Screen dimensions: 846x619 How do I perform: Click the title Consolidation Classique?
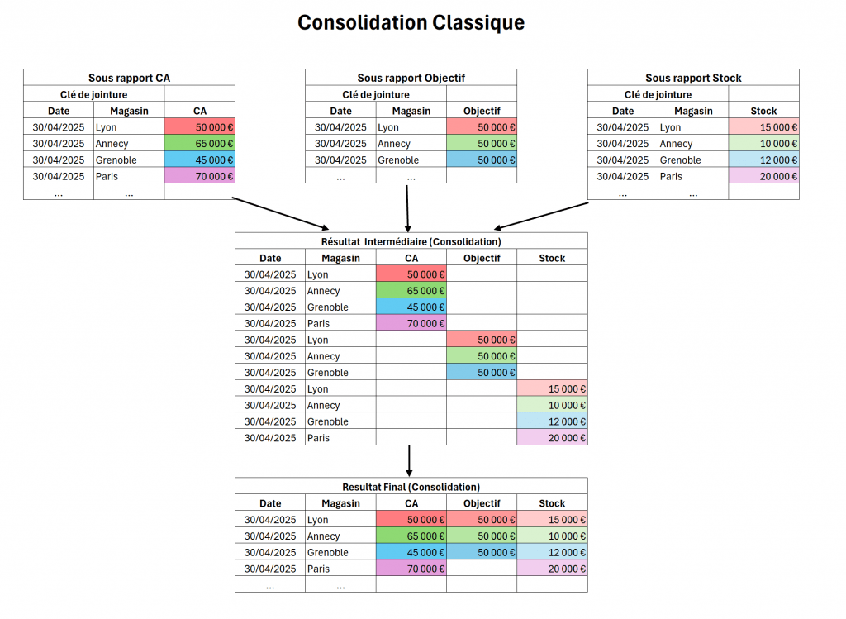[411, 22]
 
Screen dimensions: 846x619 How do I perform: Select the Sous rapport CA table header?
[130, 78]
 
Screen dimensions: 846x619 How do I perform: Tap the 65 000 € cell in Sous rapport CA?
[200, 144]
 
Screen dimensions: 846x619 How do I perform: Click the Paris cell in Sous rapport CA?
[129, 176]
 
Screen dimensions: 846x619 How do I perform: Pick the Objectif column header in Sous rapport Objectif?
[482, 111]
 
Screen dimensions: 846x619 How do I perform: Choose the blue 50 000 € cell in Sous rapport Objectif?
[482, 160]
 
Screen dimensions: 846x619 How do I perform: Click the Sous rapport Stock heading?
[693, 78]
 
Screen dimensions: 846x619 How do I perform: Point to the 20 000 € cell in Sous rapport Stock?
[764, 176]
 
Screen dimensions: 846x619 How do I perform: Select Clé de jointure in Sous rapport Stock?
[658, 94]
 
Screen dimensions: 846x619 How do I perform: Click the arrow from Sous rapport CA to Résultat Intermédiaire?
[281, 214]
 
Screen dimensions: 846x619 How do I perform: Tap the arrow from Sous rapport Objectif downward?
[407, 209]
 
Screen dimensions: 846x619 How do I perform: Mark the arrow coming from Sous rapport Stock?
[541, 216]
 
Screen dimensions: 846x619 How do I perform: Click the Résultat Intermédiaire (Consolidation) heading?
[411, 241]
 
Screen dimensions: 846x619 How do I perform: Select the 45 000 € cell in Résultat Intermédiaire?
[411, 307]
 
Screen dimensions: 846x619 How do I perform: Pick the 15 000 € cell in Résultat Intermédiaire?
[552, 388]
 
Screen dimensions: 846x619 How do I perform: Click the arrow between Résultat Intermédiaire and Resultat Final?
[410, 461]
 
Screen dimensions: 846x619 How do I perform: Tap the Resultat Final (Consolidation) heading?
[411, 487]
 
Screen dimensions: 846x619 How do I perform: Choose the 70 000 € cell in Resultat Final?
[411, 569]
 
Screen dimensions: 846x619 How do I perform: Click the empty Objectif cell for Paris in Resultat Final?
[482, 569]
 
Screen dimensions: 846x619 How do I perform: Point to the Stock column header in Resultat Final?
[552, 503]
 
